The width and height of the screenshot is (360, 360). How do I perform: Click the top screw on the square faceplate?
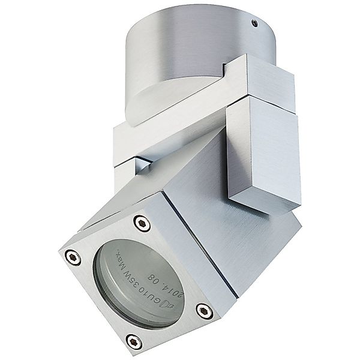pos(141,223)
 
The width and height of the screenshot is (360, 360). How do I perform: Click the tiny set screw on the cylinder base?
pos(254,23)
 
